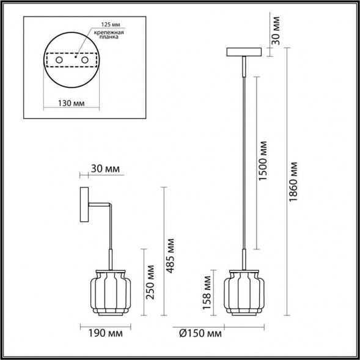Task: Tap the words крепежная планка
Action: [109, 35]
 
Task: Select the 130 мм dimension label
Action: [71, 103]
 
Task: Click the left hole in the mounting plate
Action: [59, 60]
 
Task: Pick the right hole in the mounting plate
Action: [85, 60]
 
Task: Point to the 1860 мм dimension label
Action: [293, 182]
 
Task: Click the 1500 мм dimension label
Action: [263, 161]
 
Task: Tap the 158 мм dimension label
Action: [207, 293]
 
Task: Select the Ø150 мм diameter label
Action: [200, 333]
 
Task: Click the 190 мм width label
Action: [106, 333]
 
